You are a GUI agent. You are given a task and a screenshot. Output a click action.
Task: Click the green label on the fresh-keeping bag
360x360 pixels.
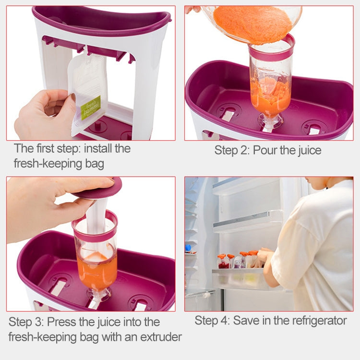90,108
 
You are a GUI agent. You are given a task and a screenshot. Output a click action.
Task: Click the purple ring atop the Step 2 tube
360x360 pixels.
271,51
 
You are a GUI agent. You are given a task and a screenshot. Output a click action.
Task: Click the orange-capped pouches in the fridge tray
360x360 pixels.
238,260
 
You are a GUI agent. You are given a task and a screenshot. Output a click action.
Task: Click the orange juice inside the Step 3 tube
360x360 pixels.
96,271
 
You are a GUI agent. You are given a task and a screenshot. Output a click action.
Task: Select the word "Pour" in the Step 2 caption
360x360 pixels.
266,150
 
